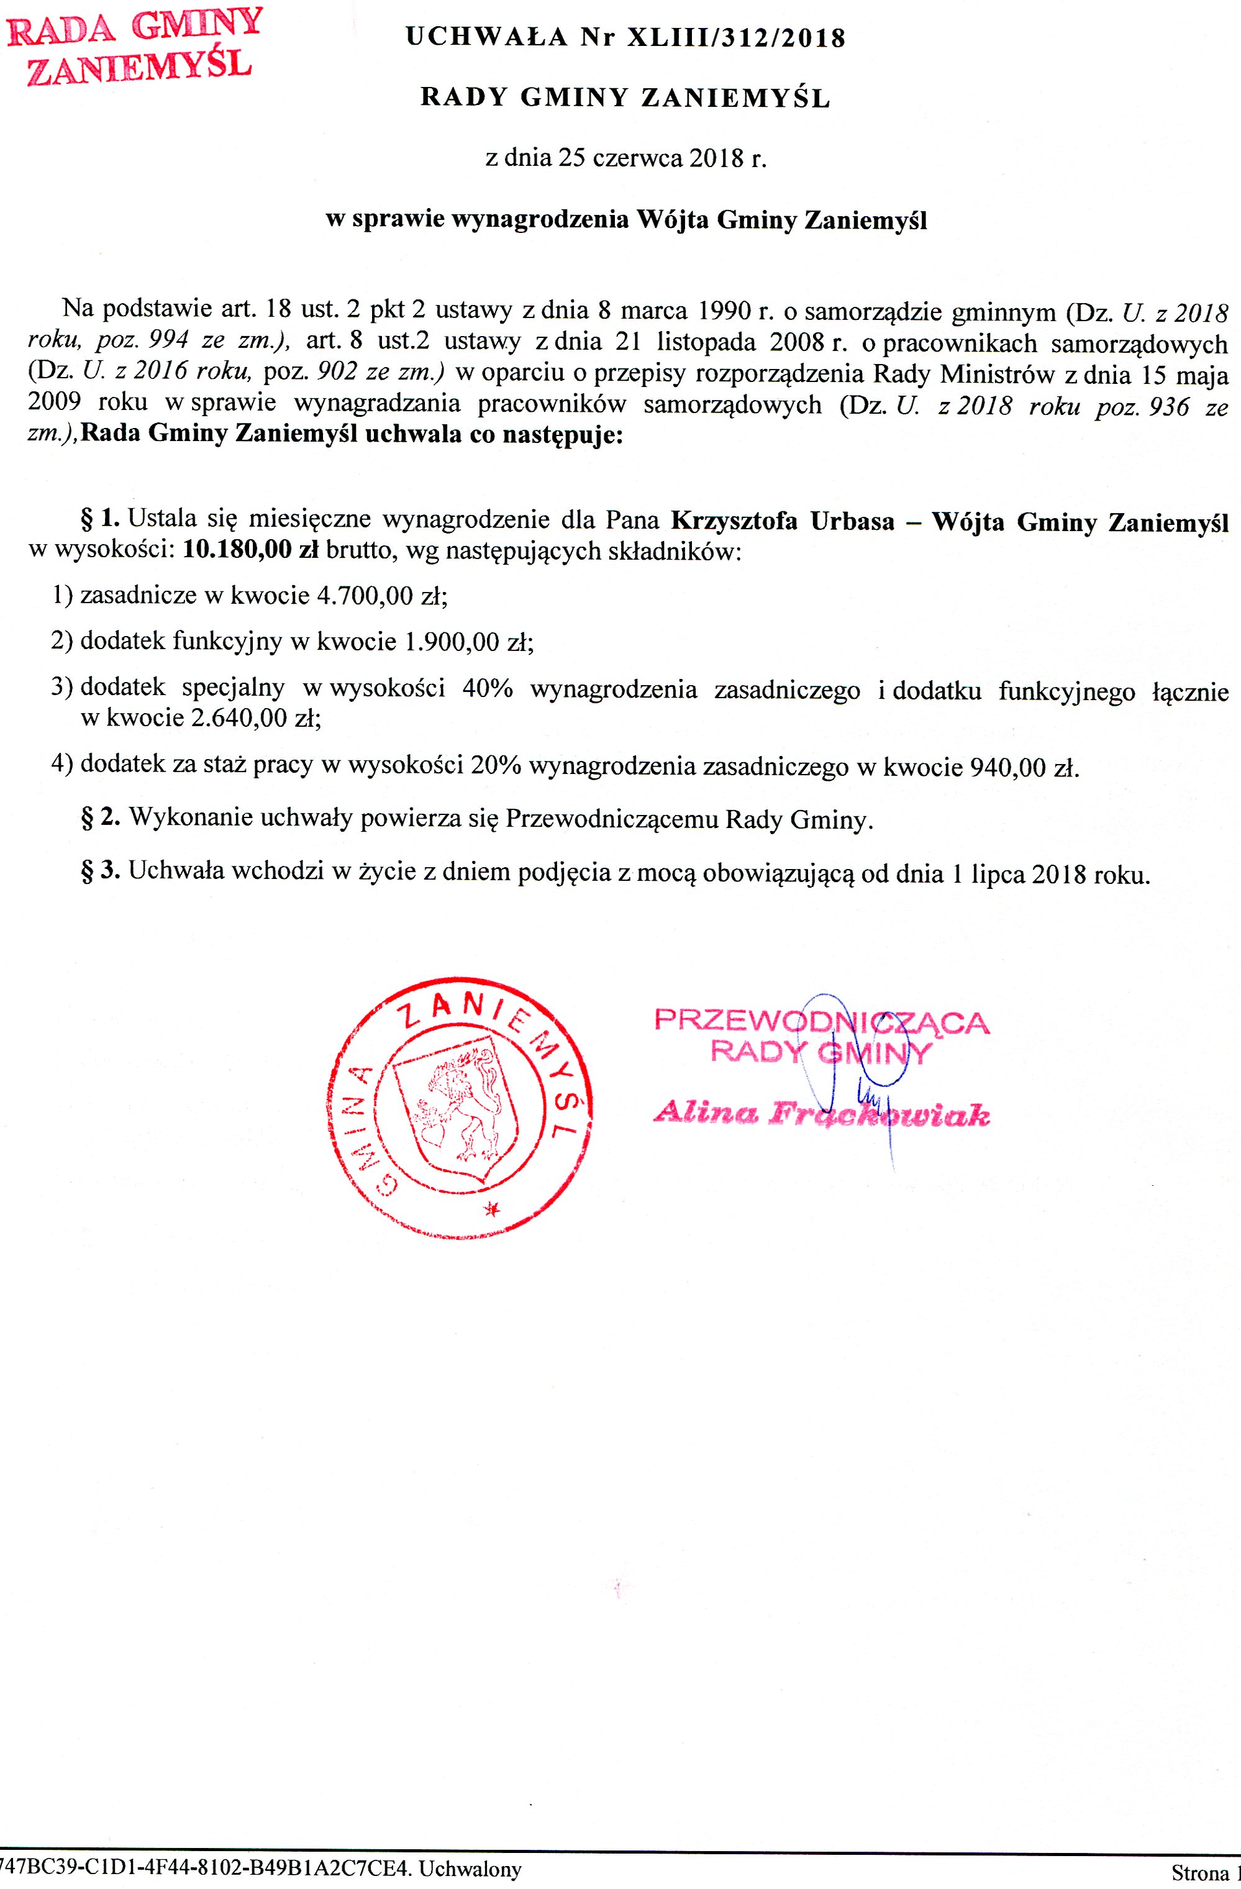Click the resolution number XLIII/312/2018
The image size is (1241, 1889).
737,38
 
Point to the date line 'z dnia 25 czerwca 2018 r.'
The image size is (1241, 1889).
626,159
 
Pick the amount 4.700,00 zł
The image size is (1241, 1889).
381,595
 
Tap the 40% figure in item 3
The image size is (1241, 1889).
486,689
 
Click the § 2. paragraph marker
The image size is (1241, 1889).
101,818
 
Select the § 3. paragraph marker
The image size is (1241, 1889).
101,872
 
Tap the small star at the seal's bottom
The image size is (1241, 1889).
492,1209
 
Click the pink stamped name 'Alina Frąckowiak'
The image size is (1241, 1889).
821,1115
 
